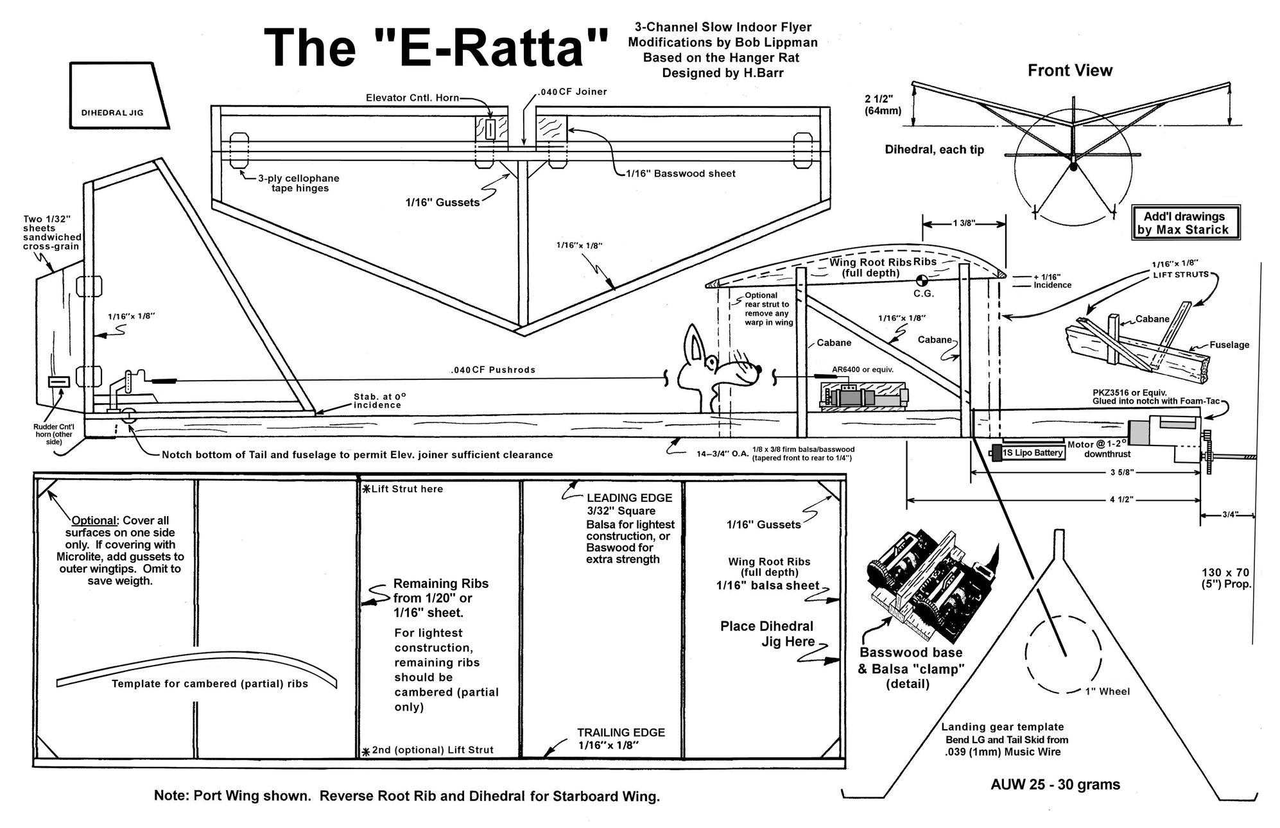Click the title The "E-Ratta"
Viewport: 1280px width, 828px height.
(x=436, y=47)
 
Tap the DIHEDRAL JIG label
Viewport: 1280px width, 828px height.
(x=112, y=113)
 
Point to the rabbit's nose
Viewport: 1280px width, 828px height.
(x=759, y=368)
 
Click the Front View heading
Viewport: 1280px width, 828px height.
(x=1069, y=71)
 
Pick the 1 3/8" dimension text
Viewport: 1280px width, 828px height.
(x=964, y=223)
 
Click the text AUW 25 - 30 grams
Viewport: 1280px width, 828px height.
(x=1055, y=784)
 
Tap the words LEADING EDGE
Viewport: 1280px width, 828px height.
(x=629, y=498)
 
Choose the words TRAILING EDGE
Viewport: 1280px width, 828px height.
(x=621, y=732)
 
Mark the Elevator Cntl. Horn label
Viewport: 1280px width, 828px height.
(x=412, y=98)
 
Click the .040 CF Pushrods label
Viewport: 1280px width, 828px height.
(x=492, y=370)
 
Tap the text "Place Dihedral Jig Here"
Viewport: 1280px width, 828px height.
(x=766, y=634)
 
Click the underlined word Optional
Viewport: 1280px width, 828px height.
(x=93, y=521)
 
